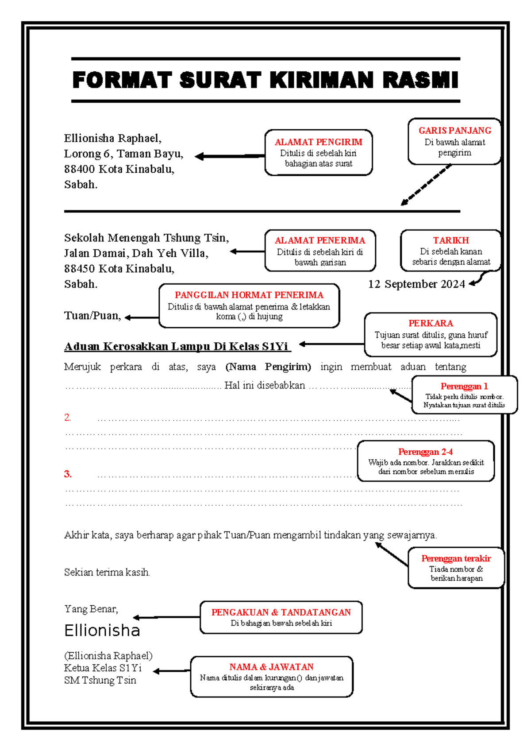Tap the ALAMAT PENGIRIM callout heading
pos(318,142)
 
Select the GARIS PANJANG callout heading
pos(454,131)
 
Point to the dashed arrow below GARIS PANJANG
pos(426,185)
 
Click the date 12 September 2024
pos(416,284)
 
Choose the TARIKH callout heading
pos(450,240)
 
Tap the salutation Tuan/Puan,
pos(92,316)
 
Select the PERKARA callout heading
pos(430,323)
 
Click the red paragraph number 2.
pos(67,417)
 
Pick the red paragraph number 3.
pos(67,474)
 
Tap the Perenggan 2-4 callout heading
pos(425,452)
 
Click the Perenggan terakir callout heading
pos(456,558)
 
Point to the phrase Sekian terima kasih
pos(107,572)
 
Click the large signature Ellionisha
pos(102,630)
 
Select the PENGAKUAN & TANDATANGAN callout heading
pos(281,612)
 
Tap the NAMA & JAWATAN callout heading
pos(271,667)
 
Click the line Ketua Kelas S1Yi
pos(103,668)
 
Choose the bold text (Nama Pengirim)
pos(268,367)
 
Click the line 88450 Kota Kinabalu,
pos(119,269)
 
